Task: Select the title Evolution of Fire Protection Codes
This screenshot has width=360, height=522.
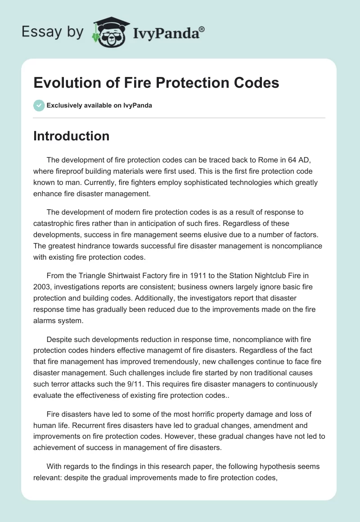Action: [156, 83]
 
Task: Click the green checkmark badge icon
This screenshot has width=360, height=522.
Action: [39, 105]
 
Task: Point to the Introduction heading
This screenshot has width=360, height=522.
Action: [71, 136]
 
